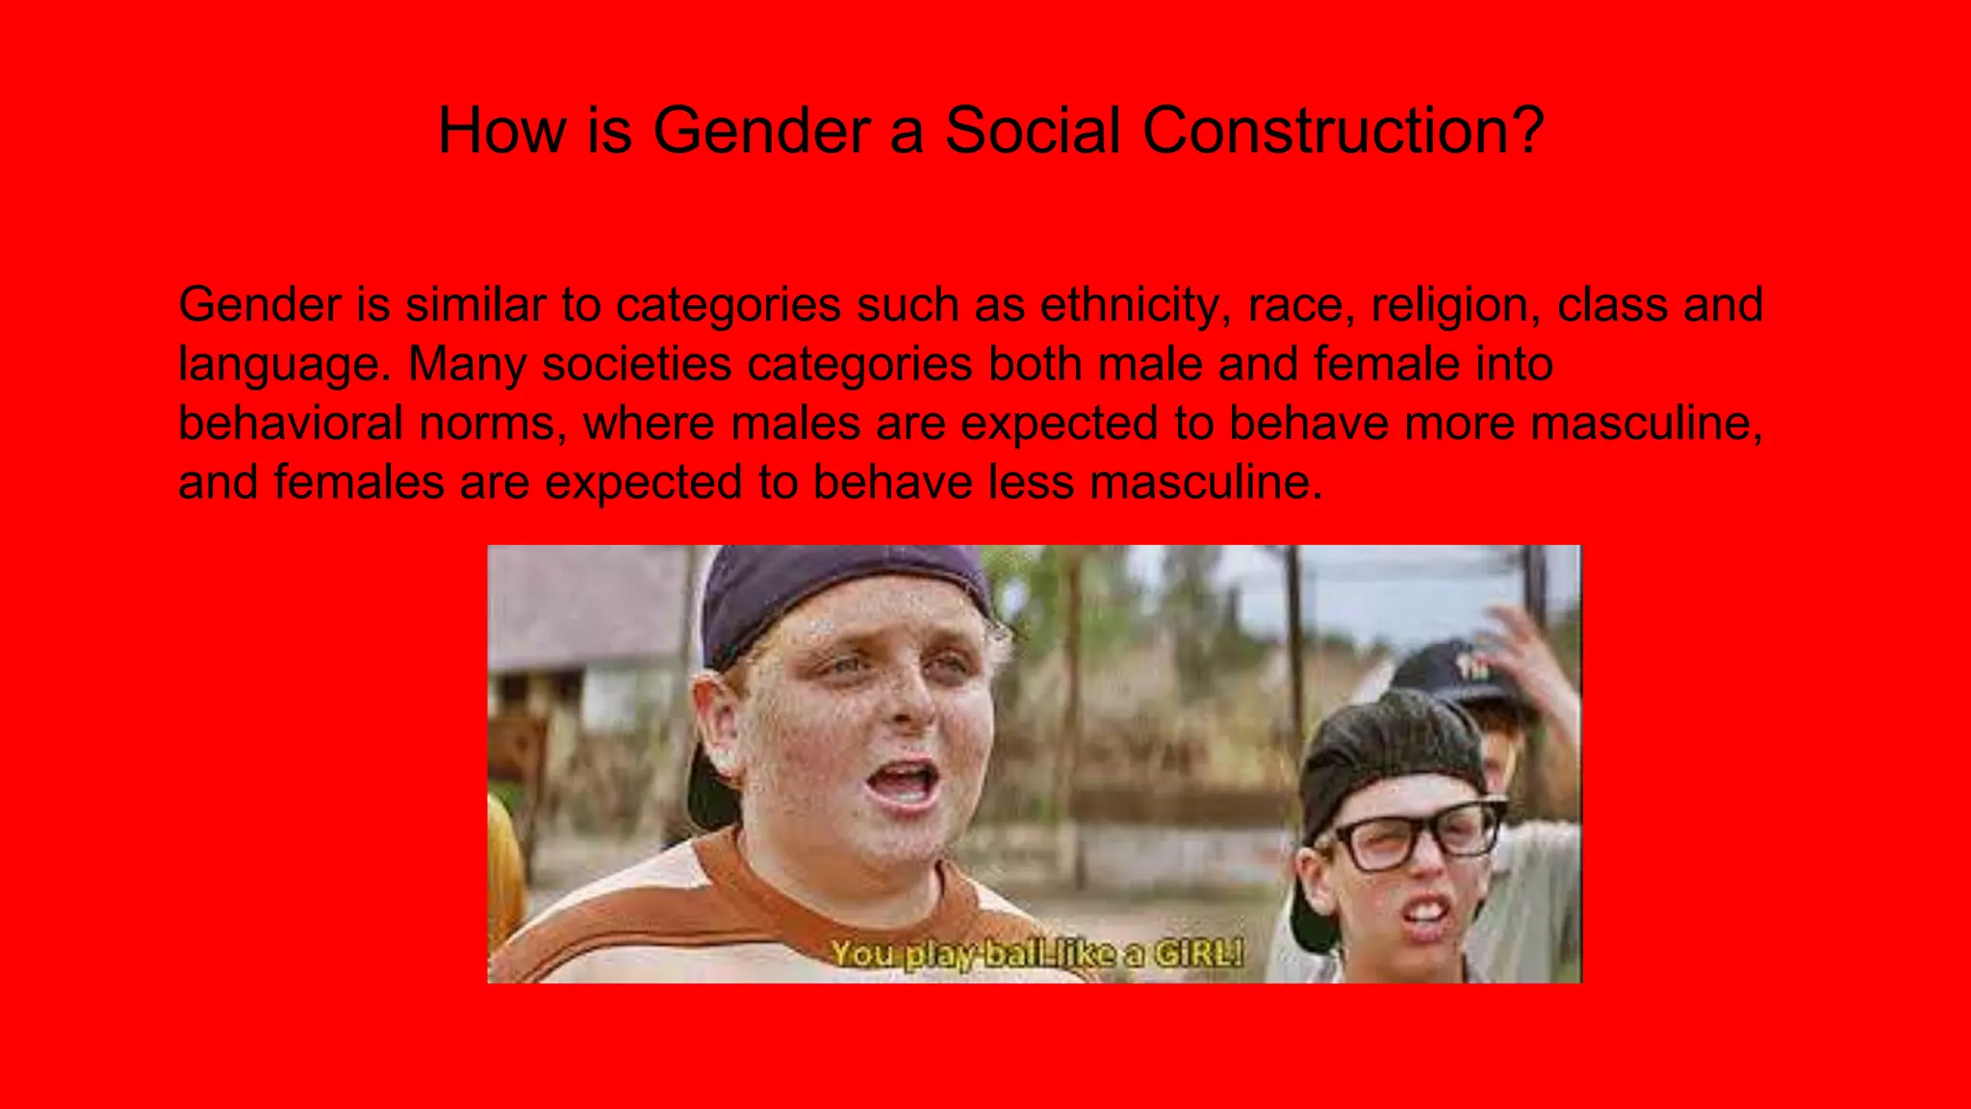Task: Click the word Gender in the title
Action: coord(760,130)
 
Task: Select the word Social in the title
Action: coord(1033,130)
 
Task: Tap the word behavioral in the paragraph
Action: coord(290,424)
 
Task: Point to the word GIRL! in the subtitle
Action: coord(1198,953)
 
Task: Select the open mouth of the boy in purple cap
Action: coord(905,782)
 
